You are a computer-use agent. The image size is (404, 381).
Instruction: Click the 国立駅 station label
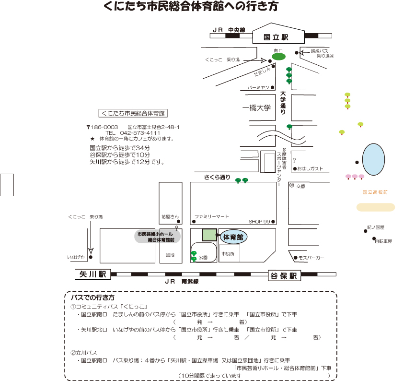click(x=277, y=37)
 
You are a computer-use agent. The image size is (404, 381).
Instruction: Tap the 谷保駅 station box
click(x=283, y=275)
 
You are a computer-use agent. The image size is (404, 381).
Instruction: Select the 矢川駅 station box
click(x=92, y=274)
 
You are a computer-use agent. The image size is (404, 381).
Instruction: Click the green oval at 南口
click(x=278, y=57)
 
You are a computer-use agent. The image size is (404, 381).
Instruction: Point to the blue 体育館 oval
click(x=233, y=237)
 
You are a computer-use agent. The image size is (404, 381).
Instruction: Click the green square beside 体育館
click(x=209, y=235)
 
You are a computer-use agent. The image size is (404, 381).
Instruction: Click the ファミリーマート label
click(x=211, y=216)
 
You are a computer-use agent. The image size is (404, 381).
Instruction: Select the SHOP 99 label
click(x=259, y=222)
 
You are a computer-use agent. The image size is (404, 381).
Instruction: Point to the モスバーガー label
click(x=312, y=258)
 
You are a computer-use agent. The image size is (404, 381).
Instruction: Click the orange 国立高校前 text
click(x=375, y=192)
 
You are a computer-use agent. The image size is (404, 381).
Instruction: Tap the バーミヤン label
click(x=258, y=88)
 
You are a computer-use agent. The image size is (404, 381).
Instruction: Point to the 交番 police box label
click(x=300, y=186)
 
